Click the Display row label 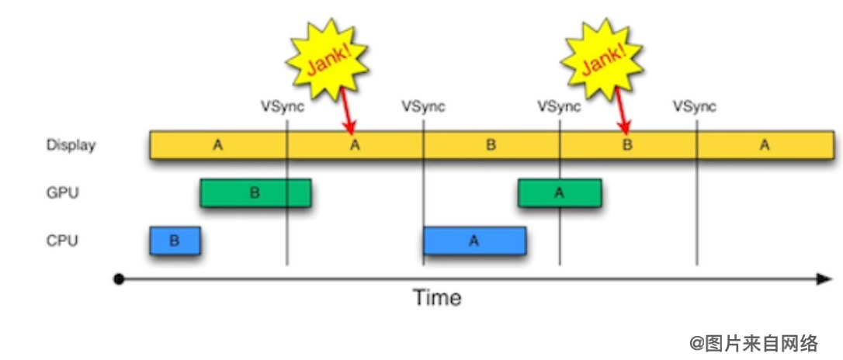(71, 145)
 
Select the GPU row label (62, 193)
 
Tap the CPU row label (62, 241)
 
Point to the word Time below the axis (436, 298)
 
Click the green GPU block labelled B (255, 193)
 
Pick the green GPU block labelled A (559, 193)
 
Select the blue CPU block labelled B (175, 241)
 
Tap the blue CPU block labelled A (474, 241)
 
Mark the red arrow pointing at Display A (347, 113)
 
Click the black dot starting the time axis (119, 279)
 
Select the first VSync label (283, 106)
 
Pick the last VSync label (694, 106)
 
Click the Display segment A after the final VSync (765, 145)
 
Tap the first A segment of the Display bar (218, 145)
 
